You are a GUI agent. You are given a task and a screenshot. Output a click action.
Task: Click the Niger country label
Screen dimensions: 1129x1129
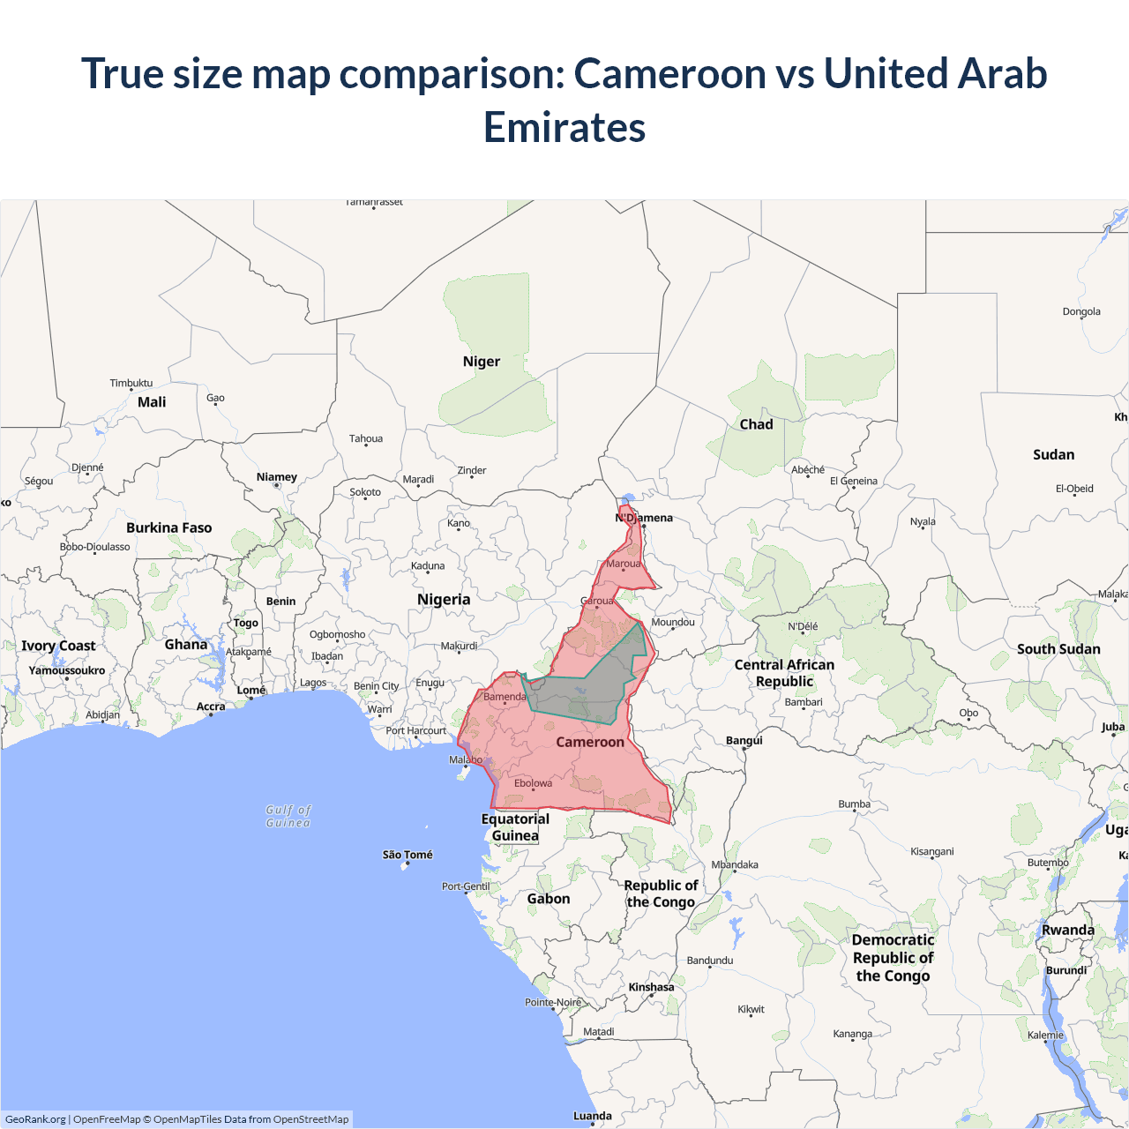481,362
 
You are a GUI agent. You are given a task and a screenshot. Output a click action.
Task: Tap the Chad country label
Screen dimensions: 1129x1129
756,424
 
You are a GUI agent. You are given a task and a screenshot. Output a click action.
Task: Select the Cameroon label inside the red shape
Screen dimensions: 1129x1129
589,742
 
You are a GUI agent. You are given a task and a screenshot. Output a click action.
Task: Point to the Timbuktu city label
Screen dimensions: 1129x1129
131,383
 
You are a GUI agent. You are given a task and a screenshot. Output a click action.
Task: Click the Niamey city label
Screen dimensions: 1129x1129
276,477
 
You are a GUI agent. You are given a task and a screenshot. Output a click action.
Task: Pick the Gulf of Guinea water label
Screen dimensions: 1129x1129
288,816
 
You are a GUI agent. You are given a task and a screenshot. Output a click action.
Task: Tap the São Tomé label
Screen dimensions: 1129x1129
407,855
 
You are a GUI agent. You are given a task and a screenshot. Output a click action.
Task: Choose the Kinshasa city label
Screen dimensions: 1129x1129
651,987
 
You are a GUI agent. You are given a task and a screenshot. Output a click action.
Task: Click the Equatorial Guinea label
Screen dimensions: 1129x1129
515,827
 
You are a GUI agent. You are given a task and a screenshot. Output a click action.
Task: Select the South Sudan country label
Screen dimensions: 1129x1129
1058,649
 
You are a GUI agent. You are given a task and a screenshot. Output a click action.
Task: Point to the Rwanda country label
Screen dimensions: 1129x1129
1067,930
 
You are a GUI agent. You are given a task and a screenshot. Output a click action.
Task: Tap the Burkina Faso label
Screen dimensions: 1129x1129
168,527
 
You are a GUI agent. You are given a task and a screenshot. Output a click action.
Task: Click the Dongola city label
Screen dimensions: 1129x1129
1081,311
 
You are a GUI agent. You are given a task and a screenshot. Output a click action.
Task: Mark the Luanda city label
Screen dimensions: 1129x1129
592,1116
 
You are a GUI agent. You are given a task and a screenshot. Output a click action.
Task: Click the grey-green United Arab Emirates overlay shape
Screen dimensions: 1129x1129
591,688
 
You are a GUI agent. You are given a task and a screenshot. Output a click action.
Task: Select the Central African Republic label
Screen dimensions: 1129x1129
784,673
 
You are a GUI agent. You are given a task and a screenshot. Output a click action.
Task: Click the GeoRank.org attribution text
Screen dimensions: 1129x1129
35,1119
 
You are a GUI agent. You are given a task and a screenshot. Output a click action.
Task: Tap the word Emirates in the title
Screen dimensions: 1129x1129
564,127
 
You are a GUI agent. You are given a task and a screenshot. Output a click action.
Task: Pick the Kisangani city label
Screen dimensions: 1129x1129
931,851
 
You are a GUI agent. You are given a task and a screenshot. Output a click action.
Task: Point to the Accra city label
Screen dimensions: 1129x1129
211,707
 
